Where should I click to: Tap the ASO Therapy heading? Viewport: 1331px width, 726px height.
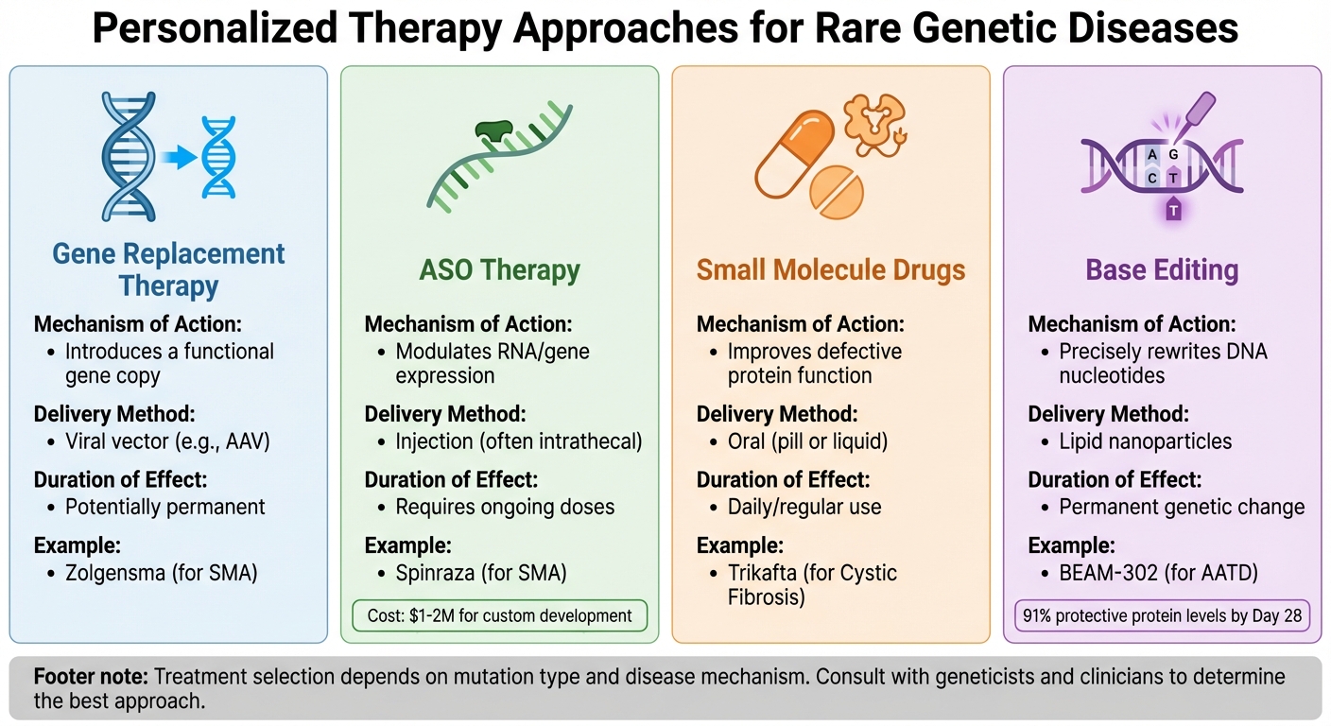[499, 269]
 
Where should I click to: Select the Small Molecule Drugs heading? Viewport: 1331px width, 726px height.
[831, 269]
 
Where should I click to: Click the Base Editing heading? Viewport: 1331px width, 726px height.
[1162, 269]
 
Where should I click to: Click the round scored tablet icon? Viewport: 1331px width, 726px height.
[837, 189]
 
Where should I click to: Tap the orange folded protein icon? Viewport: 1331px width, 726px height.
[872, 121]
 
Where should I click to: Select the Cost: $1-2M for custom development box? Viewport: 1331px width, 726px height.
[499, 615]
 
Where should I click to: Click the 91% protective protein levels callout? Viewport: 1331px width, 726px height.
[1162, 615]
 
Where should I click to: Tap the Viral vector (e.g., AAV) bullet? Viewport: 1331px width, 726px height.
[167, 441]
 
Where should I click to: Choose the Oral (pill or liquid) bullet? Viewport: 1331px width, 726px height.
[807, 441]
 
